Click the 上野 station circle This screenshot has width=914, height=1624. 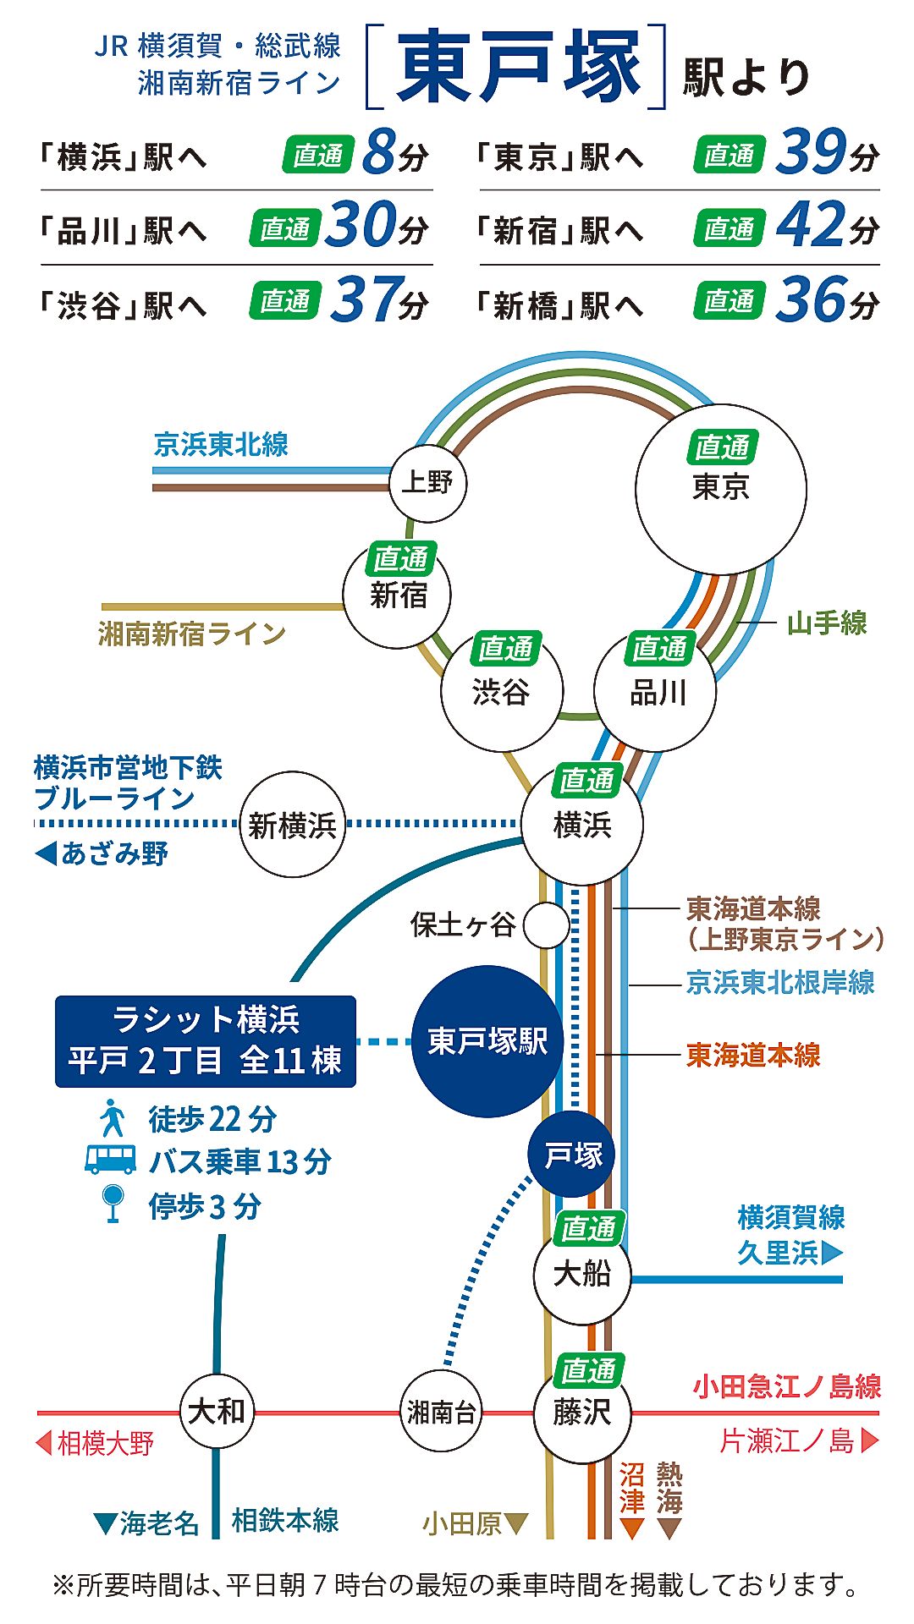coord(427,484)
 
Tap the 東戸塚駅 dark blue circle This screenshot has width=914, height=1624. coord(487,1041)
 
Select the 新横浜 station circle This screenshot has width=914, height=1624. coord(293,825)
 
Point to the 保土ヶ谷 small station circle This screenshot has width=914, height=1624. coord(546,925)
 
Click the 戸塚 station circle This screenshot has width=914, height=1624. coord(572,1155)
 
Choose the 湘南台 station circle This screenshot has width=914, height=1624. coord(440,1412)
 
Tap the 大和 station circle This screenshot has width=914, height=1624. coord(217,1411)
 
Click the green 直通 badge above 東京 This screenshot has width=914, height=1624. coord(722,447)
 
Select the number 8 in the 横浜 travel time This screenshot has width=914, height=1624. coord(379,152)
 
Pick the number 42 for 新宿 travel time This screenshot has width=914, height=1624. coord(811,225)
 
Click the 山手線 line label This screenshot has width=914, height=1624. coord(826,623)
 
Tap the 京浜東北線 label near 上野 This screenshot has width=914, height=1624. coord(221,445)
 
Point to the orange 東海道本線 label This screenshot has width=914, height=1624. coord(752,1055)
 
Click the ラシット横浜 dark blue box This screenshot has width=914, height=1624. coord(206,1041)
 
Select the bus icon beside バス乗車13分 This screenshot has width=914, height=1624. coord(110,1160)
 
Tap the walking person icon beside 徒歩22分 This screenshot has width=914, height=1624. coord(112,1118)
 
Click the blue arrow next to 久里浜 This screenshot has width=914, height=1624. coord(832,1252)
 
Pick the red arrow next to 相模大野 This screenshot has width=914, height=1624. coord(45,1442)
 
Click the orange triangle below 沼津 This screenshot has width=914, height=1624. coord(632,1528)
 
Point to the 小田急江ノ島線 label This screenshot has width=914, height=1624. coord(786,1386)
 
